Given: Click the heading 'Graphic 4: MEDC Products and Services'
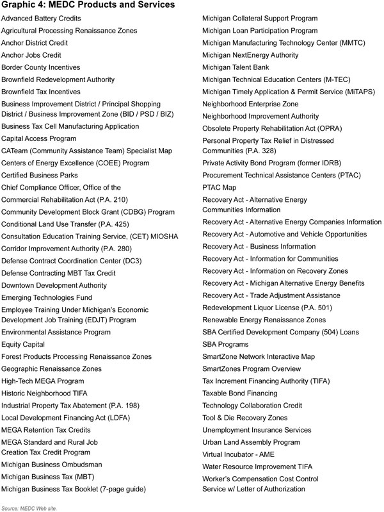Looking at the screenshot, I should (x=88, y=6).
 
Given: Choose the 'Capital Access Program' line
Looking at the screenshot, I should (x=38, y=138).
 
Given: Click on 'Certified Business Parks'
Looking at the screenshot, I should (x=40, y=175).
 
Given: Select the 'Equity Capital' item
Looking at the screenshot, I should (x=24, y=344).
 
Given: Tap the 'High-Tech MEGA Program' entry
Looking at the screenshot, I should (x=43, y=381).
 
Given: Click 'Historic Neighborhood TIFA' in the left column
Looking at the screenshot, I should (x=45, y=393).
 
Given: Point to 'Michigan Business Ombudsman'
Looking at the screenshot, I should (x=52, y=465).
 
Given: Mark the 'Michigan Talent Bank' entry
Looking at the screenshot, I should (x=236, y=67).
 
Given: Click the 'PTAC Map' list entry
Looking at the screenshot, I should (x=219, y=187).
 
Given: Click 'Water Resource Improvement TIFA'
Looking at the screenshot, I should (x=259, y=466).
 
